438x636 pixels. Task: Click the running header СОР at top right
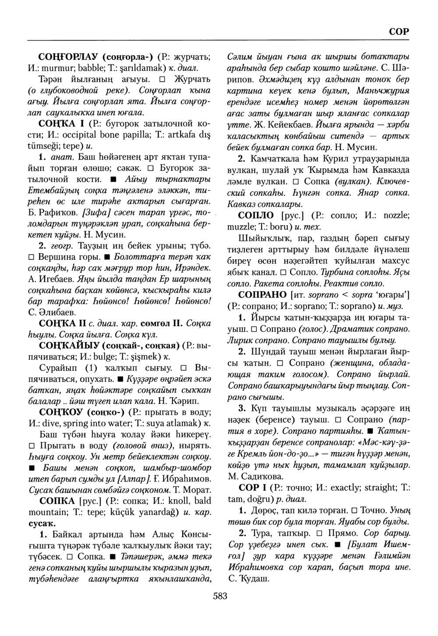(399, 32)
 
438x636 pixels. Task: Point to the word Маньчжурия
(383, 91)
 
